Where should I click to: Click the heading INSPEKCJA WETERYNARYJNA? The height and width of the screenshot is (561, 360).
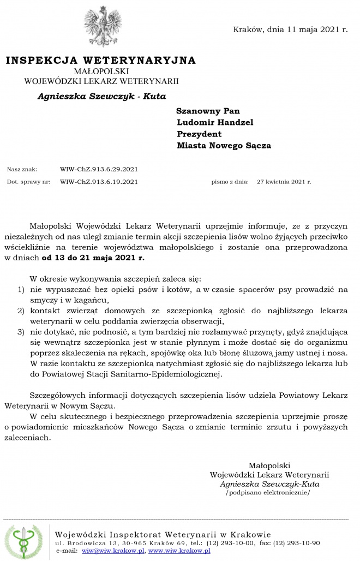coord(100,60)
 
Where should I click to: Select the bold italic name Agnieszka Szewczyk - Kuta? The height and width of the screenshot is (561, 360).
coord(101,96)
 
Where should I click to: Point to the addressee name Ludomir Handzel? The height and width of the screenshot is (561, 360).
coord(207,122)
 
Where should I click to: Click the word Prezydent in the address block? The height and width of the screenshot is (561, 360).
coord(199,134)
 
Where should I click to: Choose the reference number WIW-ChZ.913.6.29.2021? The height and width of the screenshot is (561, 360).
coord(99,169)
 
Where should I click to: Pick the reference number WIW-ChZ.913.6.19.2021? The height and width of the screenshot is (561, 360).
coord(99,182)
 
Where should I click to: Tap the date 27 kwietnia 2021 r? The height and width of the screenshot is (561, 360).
coord(284,182)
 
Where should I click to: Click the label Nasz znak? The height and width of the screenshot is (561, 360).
coord(22,169)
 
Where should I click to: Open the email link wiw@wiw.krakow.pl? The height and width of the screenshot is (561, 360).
coord(113,551)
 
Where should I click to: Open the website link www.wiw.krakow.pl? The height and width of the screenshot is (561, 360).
coord(179,551)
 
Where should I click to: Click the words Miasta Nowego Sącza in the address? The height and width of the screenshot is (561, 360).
coord(224,146)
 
